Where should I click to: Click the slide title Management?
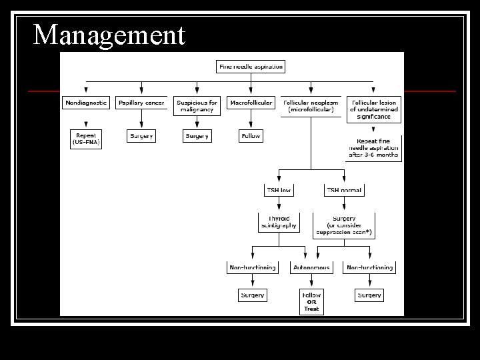tap(109, 35)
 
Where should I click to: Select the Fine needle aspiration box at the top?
tap(251, 66)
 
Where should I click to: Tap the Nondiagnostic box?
tap(85, 103)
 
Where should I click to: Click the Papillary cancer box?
tap(141, 103)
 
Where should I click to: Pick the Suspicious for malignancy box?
tap(197, 106)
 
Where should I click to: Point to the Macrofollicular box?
tap(251, 103)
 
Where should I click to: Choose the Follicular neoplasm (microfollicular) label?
tap(311, 106)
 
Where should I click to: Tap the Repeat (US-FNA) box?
tap(85, 139)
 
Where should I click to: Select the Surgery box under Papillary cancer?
tap(141, 136)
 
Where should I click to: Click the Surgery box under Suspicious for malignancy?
tap(197, 136)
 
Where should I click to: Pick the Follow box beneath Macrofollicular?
tap(251, 136)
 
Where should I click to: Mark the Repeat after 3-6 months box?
tap(373, 148)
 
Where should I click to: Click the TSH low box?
tap(279, 190)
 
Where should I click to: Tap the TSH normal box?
tap(344, 190)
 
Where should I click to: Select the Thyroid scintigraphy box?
tap(279, 222)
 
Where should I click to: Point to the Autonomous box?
tap(311, 267)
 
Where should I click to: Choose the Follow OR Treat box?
tap(311, 301)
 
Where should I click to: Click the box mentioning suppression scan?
tap(344, 225)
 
